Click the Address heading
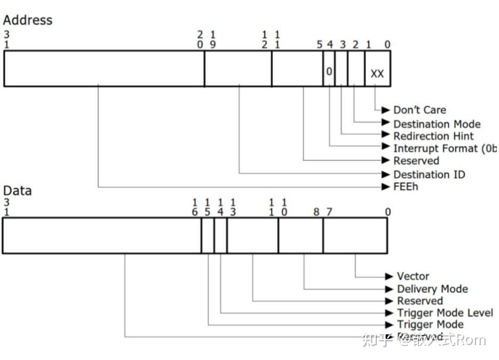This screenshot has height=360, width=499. click(x=28, y=20)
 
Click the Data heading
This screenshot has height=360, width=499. click(x=17, y=191)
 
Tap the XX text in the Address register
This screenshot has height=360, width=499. click(x=377, y=74)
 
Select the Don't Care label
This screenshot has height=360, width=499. click(x=419, y=110)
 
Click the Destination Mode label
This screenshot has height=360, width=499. click(x=437, y=124)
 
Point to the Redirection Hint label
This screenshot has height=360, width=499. click(x=433, y=136)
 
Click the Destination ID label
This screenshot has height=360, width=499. click(x=429, y=174)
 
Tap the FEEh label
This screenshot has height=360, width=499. click(x=406, y=187)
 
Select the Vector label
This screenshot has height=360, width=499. click(x=413, y=276)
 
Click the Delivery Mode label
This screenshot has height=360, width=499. click(x=432, y=289)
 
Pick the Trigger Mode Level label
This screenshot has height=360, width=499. click(x=445, y=313)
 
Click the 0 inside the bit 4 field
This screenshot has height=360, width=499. click(x=329, y=71)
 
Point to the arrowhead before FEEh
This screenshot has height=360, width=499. click(x=386, y=187)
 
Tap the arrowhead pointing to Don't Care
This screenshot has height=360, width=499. click(x=386, y=110)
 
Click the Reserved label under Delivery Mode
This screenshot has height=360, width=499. click(x=420, y=301)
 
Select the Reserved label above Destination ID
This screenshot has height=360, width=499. click(x=416, y=161)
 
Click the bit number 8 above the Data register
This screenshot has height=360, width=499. click(x=316, y=212)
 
